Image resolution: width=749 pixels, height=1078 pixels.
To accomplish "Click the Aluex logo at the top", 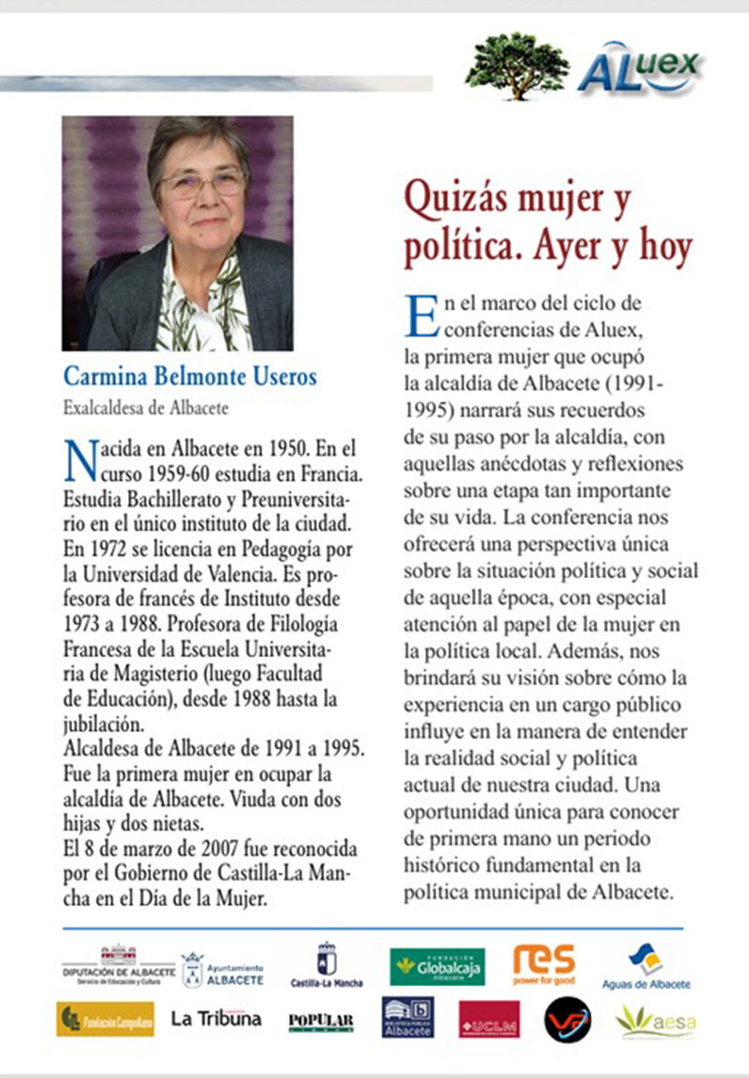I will point(639,67).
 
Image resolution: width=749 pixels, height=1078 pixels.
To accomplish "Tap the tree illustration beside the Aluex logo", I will point(517,64).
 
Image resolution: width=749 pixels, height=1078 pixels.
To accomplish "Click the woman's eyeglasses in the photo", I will point(201,183).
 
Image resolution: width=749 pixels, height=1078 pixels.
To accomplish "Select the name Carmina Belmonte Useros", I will point(190,377).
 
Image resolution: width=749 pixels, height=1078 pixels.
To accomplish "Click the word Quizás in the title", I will point(456,200).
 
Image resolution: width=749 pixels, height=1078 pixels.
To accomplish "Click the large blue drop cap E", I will point(421,315).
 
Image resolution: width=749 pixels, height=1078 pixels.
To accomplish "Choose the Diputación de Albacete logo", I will point(118,966).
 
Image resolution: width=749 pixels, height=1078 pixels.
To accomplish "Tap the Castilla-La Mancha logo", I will point(327,966).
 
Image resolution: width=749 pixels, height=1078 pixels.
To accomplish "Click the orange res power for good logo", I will point(544,964).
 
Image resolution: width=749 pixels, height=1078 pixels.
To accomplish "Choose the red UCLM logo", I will point(489,1019).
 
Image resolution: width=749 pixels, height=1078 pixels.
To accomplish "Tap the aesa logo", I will point(655,1021).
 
